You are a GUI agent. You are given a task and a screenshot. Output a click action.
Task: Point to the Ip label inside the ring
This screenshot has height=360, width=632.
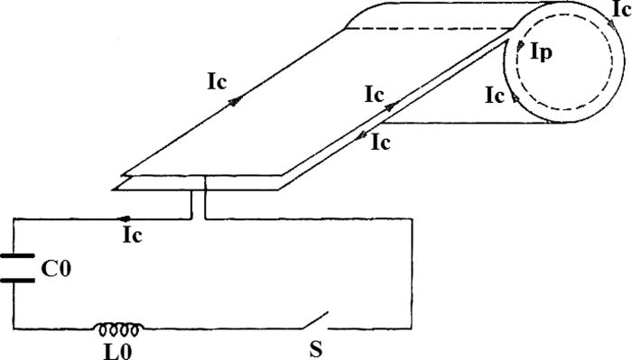pos(543,53)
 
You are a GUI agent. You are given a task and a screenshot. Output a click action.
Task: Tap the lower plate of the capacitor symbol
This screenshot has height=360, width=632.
pos(19,279)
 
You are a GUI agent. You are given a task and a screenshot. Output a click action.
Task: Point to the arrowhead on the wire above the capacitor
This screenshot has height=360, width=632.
pos(125,218)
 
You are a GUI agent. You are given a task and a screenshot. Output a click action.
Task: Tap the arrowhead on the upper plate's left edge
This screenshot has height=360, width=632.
pos(237,100)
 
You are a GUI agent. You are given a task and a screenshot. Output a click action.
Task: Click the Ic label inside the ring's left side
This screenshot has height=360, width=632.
pos(495,94)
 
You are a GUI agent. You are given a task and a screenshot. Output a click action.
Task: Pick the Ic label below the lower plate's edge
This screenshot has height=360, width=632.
pos(380,142)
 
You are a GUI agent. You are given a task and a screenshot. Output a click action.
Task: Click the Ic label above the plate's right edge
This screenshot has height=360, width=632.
pos(376,93)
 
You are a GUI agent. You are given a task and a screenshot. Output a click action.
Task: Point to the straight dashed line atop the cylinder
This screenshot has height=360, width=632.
pos(433,27)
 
